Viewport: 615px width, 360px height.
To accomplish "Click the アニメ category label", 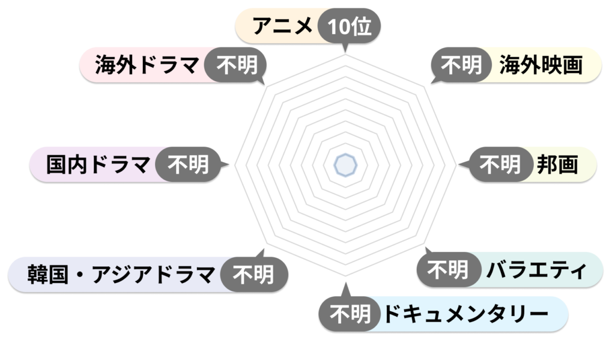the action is click(282, 26).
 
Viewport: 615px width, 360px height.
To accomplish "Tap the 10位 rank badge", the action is click(349, 26).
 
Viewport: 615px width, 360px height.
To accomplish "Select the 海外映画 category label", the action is click(541, 65).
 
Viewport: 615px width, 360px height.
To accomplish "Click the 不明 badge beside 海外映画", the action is click(461, 65).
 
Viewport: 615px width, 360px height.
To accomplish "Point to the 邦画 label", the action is click(557, 165).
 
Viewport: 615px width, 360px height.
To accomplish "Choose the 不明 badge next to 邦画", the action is click(500, 165).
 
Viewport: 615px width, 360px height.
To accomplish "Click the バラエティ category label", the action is click(536, 270).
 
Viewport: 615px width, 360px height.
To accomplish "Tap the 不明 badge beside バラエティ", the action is click(448, 270).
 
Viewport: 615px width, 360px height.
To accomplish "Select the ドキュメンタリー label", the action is click(465, 314).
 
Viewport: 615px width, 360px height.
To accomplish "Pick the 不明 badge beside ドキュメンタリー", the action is click(350, 314).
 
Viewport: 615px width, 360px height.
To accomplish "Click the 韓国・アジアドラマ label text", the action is click(121, 275).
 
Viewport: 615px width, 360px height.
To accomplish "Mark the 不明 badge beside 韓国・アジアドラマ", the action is click(254, 275).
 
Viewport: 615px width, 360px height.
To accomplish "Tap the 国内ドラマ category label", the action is click(98, 165).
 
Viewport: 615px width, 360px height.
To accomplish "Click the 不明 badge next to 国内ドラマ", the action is click(188, 165).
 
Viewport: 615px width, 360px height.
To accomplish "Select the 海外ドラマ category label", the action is click(147, 65).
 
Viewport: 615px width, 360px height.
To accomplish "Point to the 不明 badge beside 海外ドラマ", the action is click(237, 65).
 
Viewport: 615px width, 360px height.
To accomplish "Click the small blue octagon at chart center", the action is click(345, 165).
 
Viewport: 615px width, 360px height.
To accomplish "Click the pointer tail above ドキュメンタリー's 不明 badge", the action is click(345, 290).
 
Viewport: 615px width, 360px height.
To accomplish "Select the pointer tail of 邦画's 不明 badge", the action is click(464, 165).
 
